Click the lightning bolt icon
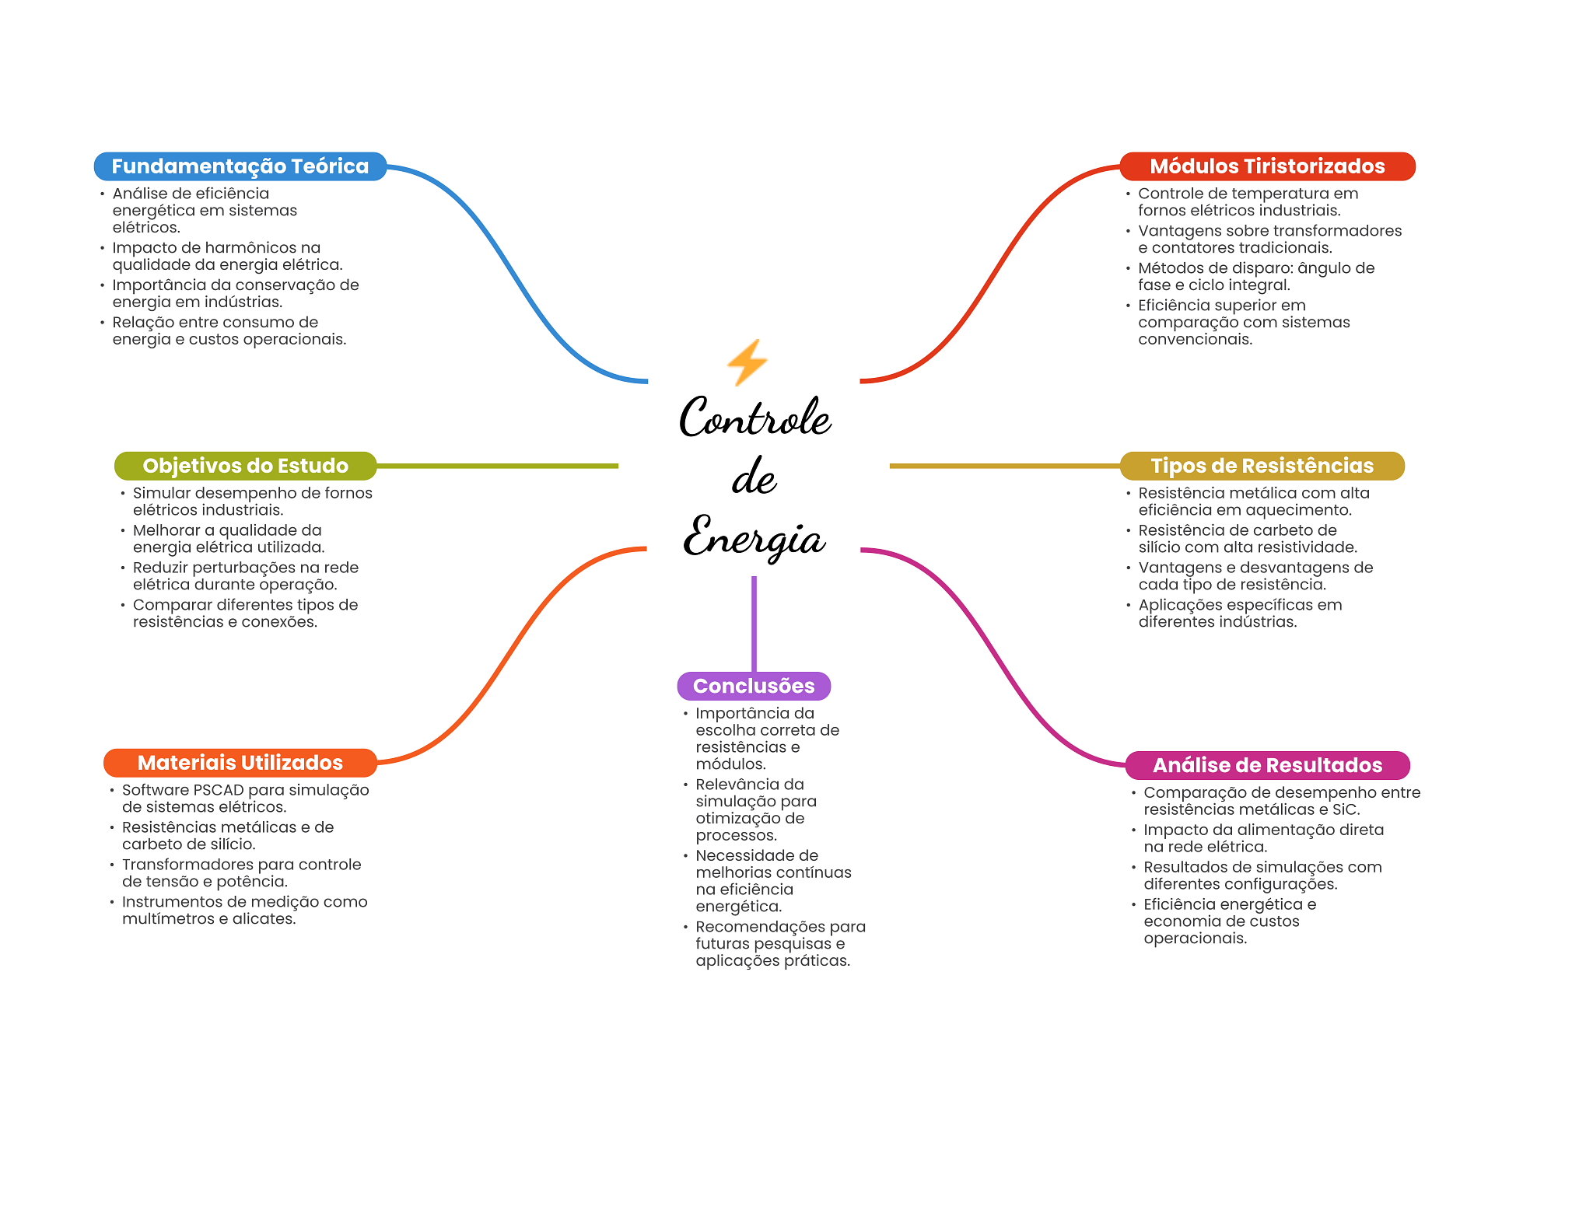[x=747, y=362]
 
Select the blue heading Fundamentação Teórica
[x=240, y=166]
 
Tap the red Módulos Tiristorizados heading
[x=1267, y=166]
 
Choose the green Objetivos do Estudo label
[x=245, y=466]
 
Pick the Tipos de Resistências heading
[x=1262, y=466]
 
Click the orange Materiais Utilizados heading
[x=240, y=763]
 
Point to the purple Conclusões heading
[x=754, y=686]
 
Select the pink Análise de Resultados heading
[x=1267, y=765]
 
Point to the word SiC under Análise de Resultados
[x=1343, y=809]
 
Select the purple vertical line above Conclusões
[x=754, y=624]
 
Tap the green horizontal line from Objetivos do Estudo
[x=497, y=466]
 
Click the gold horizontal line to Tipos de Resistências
[x=1005, y=466]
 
